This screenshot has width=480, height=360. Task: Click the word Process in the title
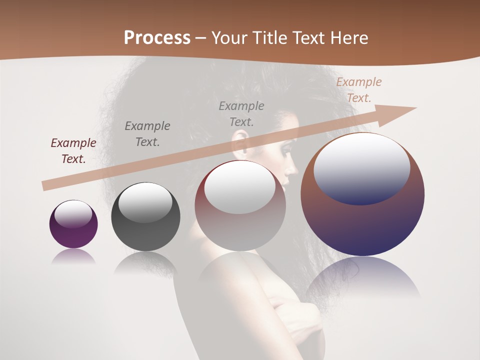157,37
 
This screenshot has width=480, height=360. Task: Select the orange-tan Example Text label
359,90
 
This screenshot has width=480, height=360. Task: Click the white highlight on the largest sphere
362,167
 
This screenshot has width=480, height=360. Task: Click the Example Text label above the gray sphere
147,133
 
